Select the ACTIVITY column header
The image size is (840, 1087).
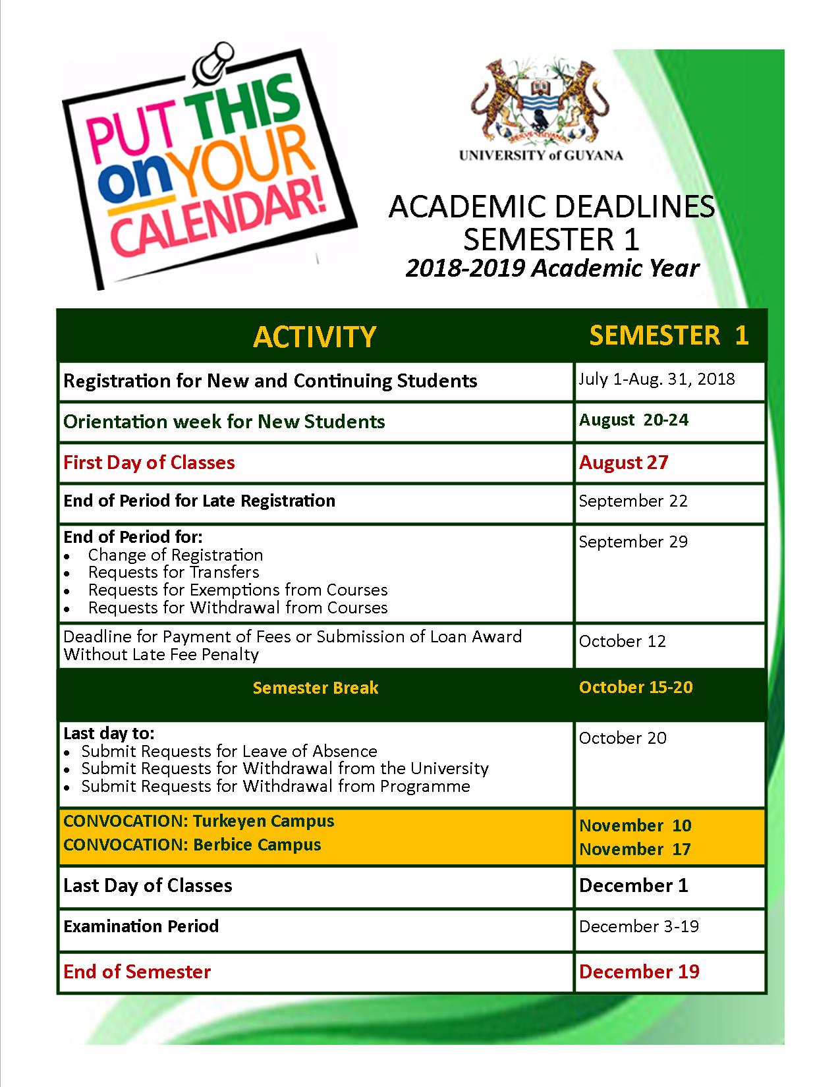pyautogui.click(x=314, y=337)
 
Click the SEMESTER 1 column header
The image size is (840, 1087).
pyautogui.click(x=669, y=335)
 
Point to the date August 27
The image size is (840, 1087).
pyautogui.click(x=623, y=462)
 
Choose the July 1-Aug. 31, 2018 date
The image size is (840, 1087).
pyautogui.click(x=656, y=379)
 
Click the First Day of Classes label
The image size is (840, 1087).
pyautogui.click(x=149, y=462)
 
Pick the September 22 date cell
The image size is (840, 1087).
pyautogui.click(x=632, y=501)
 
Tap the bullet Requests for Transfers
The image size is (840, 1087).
pyautogui.click(x=173, y=572)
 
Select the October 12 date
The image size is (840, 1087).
pyautogui.click(x=622, y=641)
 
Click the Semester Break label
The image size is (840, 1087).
pyautogui.click(x=315, y=688)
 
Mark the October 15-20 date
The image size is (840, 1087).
pyautogui.click(x=636, y=687)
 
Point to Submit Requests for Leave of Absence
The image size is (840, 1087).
pyautogui.click(x=229, y=751)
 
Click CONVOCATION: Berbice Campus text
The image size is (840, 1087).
pyautogui.click(x=192, y=845)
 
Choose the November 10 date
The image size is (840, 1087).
pyautogui.click(x=635, y=825)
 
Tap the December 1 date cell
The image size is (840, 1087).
pyautogui.click(x=633, y=885)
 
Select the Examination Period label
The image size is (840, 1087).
pyautogui.click(x=141, y=926)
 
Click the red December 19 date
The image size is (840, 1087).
pyautogui.click(x=639, y=972)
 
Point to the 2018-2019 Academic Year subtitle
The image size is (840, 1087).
pyautogui.click(x=552, y=268)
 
